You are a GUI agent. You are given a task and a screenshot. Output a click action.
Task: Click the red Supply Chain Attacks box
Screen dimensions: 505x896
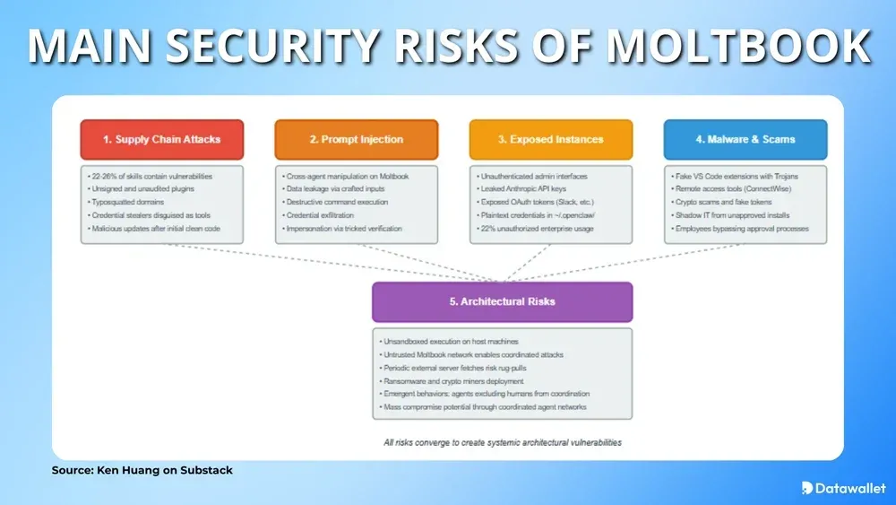pyautogui.click(x=162, y=139)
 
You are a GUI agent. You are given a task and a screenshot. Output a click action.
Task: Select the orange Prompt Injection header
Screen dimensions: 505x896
pyautogui.click(x=357, y=139)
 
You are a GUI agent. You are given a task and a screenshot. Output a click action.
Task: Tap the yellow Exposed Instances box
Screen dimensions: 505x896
pyautogui.click(x=551, y=139)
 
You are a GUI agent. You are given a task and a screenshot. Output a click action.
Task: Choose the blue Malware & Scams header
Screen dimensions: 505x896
pyautogui.click(x=745, y=139)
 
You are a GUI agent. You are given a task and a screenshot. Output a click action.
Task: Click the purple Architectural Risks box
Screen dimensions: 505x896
pyautogui.click(x=502, y=301)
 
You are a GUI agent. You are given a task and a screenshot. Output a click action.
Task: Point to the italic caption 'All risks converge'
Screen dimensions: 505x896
pyautogui.click(x=501, y=442)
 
